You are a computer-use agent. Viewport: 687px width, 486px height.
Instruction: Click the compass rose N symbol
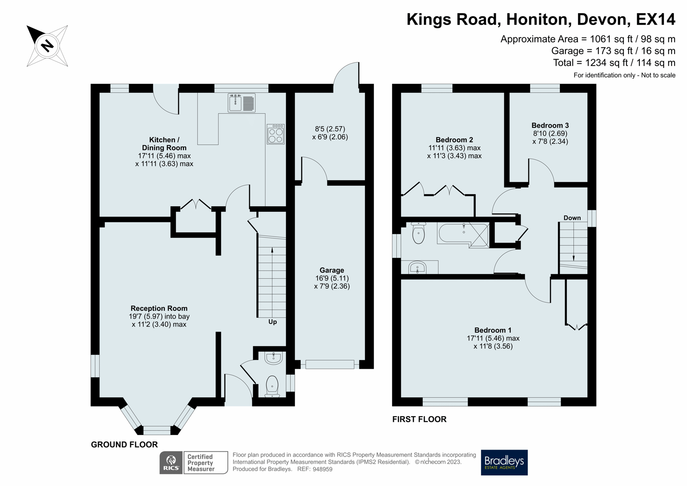click(x=47, y=45)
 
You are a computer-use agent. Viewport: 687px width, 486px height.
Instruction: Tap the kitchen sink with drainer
click(x=242, y=103)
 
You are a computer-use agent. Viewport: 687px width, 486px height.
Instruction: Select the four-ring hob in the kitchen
click(x=276, y=134)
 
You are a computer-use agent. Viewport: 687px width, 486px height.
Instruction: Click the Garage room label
click(x=332, y=270)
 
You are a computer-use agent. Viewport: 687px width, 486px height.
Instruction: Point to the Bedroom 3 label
click(x=550, y=125)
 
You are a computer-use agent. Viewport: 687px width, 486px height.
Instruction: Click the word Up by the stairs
click(x=273, y=322)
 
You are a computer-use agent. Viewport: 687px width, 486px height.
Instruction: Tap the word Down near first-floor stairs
click(x=572, y=218)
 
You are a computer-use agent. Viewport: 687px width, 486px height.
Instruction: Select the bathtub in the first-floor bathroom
click(x=463, y=234)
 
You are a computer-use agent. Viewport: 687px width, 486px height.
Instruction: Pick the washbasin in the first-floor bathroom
click(x=418, y=267)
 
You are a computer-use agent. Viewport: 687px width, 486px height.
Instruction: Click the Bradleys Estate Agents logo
click(x=504, y=462)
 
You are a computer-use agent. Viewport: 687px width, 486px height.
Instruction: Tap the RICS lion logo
click(x=171, y=462)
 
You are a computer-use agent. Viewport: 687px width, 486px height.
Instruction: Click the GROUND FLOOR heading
click(x=124, y=444)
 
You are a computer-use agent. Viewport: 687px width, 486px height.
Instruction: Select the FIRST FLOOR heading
click(x=419, y=419)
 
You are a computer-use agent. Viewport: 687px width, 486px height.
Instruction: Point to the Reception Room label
click(x=159, y=308)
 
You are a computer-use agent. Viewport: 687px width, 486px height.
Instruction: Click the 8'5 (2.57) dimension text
click(x=330, y=129)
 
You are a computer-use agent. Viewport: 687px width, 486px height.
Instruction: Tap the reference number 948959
click(x=322, y=469)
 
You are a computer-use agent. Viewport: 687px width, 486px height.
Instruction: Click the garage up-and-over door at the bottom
click(x=330, y=364)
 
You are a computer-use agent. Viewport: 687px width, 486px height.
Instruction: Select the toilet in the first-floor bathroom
click(x=418, y=233)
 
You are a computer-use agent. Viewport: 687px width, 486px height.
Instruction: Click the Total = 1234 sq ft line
click(x=614, y=63)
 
